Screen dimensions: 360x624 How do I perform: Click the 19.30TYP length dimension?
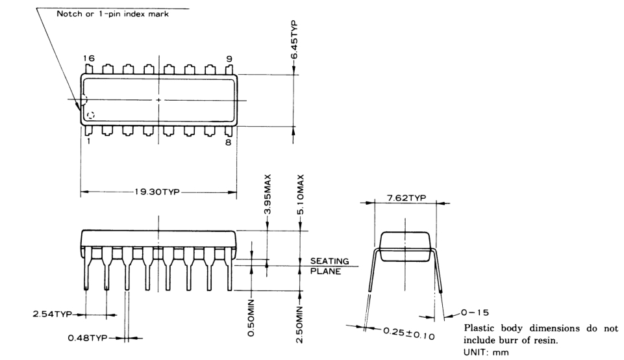click(x=158, y=193)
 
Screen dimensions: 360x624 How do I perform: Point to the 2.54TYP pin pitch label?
click(x=52, y=314)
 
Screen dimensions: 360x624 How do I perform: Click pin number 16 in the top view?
click(x=88, y=58)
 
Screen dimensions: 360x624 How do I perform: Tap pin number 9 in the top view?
click(x=229, y=58)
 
